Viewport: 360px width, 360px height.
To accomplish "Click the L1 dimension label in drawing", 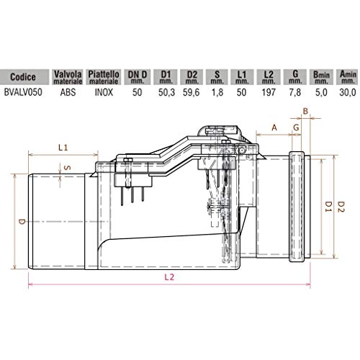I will tap(62, 148).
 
